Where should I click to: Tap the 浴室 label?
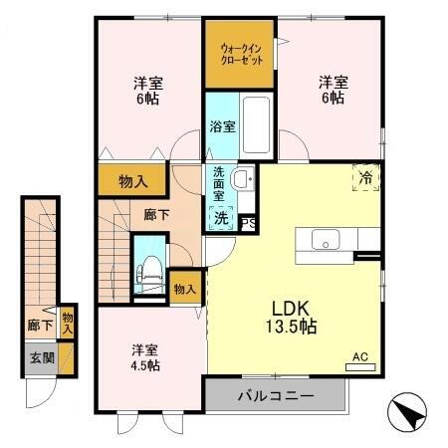[222, 126]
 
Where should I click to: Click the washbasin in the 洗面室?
[242, 179]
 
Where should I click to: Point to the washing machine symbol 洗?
[220, 216]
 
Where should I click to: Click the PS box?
[249, 224]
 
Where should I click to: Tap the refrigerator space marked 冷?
[366, 177]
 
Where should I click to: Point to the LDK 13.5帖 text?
[290, 316]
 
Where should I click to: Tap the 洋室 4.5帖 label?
[145, 356]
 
